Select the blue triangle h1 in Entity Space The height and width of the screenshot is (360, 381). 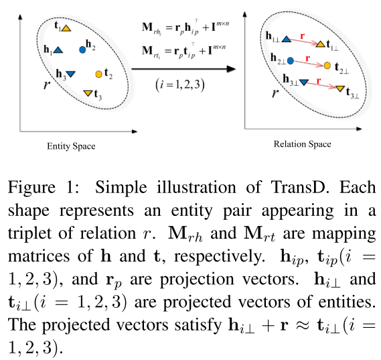pyautogui.click(x=58, y=50)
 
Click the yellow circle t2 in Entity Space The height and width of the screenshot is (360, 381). pyautogui.click(x=99, y=72)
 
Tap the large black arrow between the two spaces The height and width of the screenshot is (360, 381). pyautogui.click(x=183, y=68)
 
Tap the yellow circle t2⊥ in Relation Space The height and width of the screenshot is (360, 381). pyautogui.click(x=327, y=66)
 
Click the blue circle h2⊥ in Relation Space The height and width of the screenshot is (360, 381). pyautogui.click(x=291, y=60)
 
